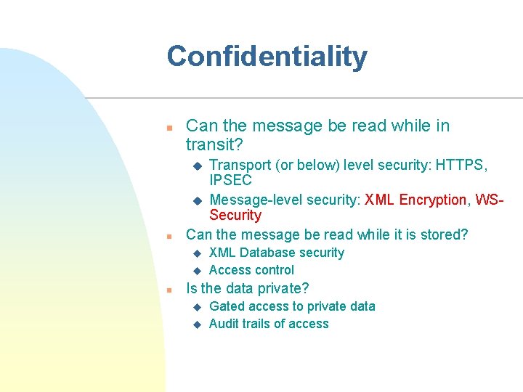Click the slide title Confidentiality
coord(267,57)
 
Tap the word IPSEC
coord(230,180)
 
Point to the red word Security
coord(235,215)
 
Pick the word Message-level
coord(251,200)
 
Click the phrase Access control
coord(251,270)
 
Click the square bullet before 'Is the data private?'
coord(168,289)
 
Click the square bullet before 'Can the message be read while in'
coord(168,127)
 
